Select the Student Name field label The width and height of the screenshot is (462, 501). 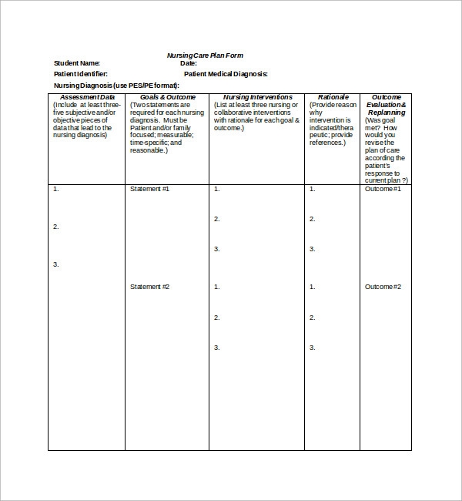[77, 63]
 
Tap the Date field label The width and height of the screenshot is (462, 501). [189, 63]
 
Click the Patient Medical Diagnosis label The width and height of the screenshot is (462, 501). [226, 74]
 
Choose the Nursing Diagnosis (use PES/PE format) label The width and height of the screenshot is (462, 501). [116, 85]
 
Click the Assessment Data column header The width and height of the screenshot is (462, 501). [87, 97]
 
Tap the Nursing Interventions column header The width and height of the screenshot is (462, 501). [257, 97]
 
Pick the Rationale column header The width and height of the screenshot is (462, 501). [333, 97]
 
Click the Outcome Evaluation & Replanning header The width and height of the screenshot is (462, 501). [386, 105]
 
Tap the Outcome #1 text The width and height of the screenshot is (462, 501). [383, 188]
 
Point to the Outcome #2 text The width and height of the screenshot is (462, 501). [383, 287]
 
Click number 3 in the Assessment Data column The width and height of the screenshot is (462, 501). [55, 264]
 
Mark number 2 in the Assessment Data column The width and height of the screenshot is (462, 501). [55, 227]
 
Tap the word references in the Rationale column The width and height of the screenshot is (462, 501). [328, 143]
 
